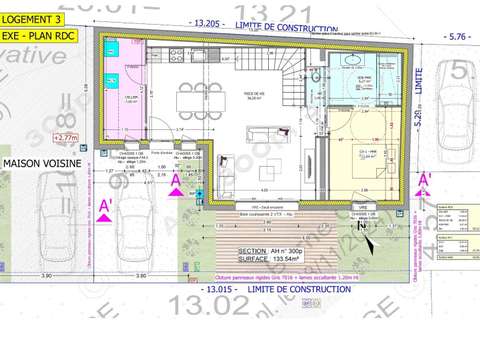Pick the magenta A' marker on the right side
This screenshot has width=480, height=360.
point(424,182)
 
